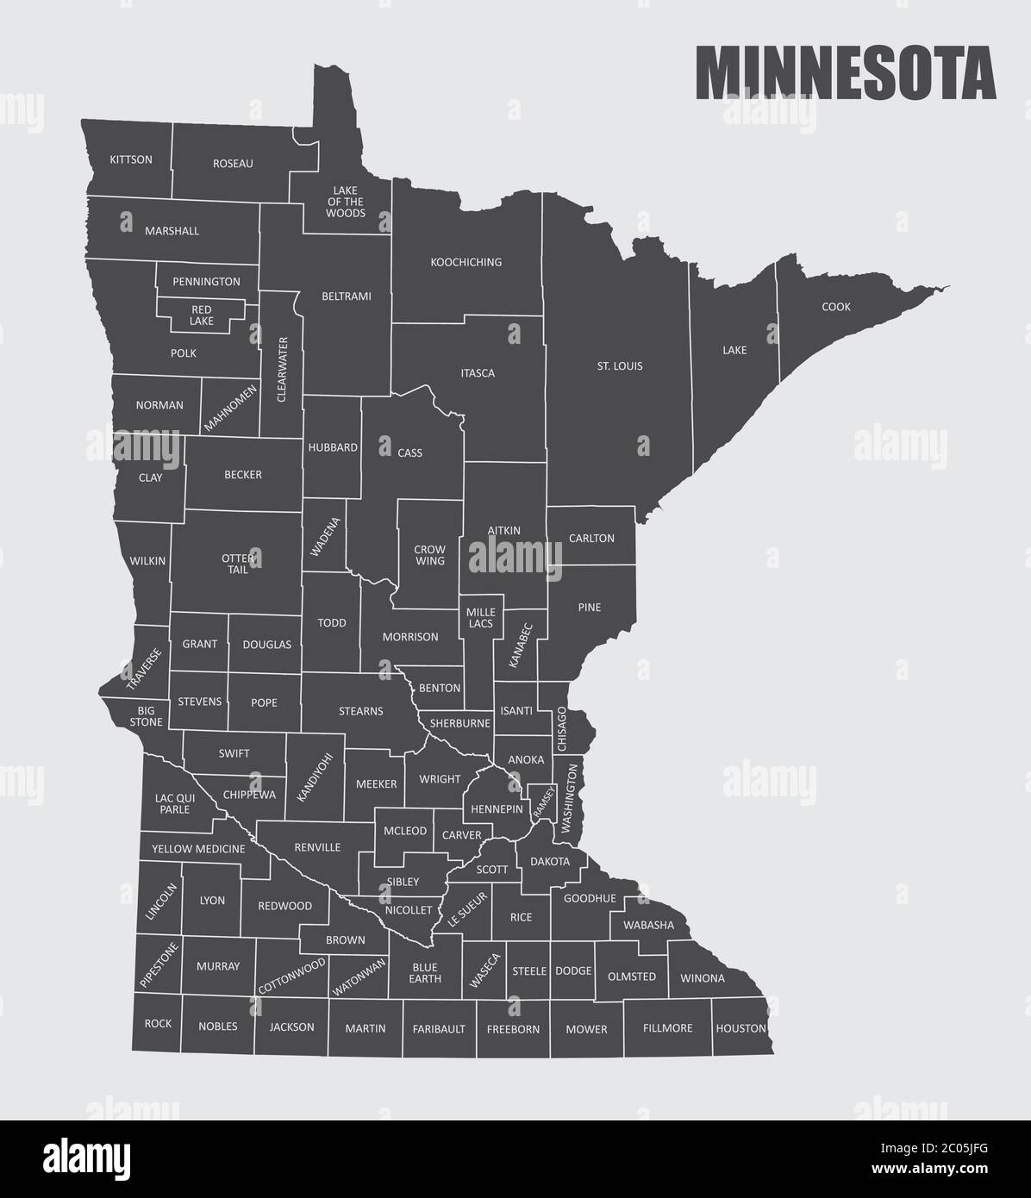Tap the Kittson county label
point(131,159)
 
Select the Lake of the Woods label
point(347,202)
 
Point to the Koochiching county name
point(466,262)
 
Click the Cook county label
point(835,307)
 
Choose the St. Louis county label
point(619,366)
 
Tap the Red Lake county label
point(202,315)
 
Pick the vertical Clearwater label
point(283,369)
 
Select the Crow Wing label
point(429,555)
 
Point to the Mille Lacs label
point(480,617)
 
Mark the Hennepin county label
point(497,809)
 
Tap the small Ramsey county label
point(540,802)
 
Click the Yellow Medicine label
point(198,849)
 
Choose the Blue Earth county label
point(425,972)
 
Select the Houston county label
point(740,1028)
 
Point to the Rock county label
point(158,1024)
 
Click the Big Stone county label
point(145,716)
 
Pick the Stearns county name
point(360,711)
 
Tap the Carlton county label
point(591,539)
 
